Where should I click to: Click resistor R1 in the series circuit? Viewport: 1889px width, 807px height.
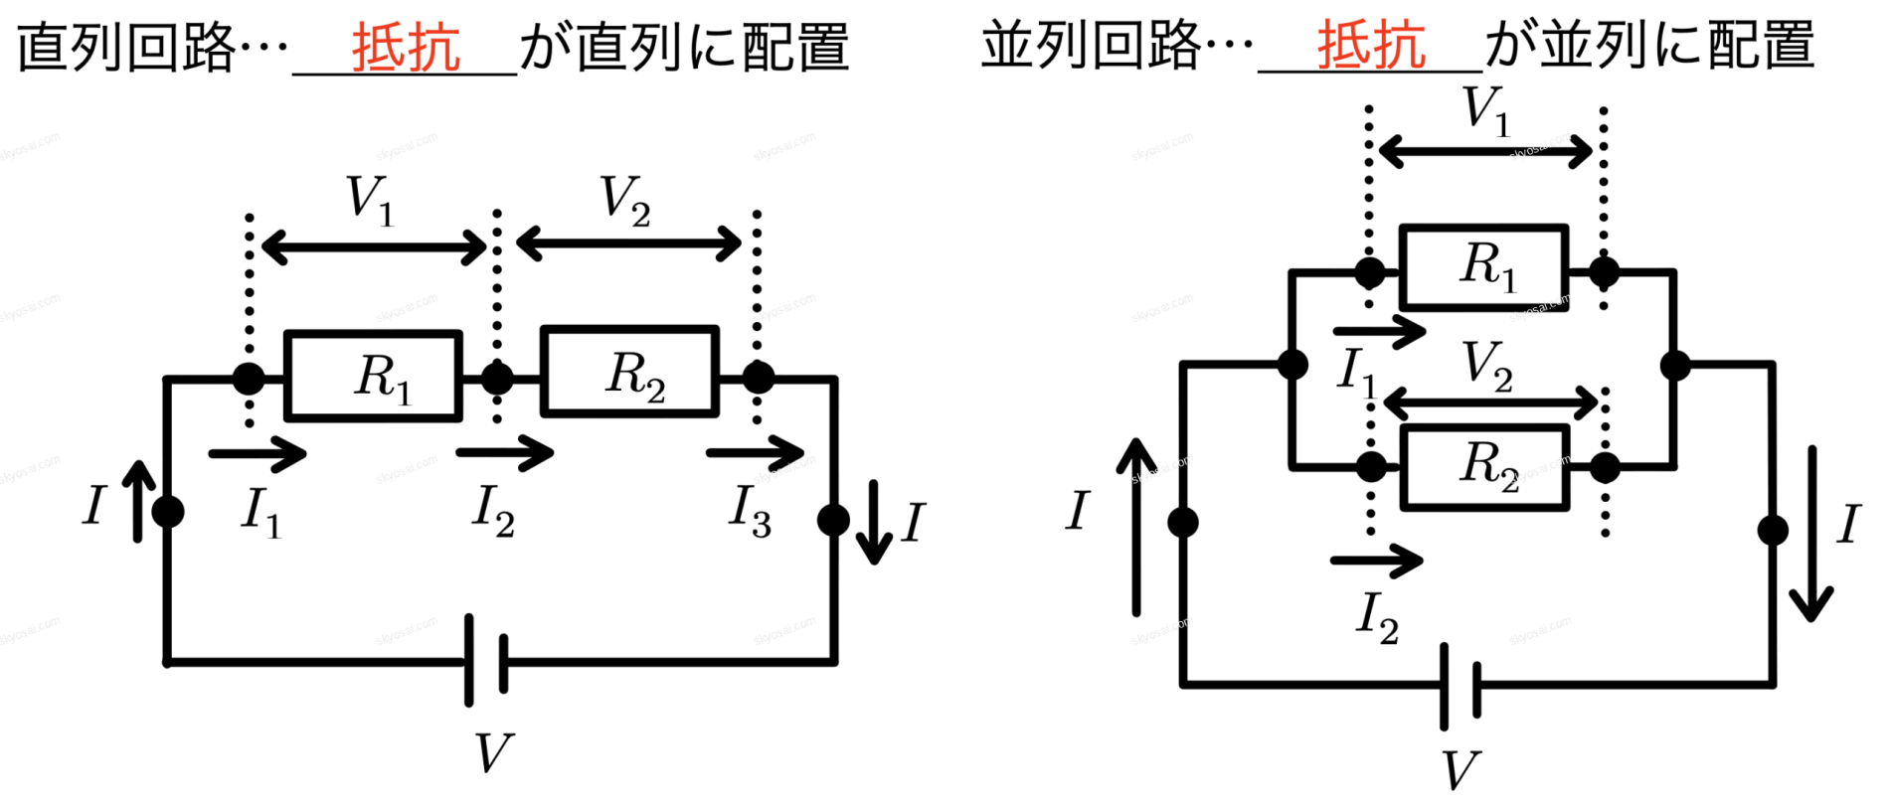pos(373,376)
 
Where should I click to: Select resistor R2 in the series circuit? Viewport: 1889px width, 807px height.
pos(629,371)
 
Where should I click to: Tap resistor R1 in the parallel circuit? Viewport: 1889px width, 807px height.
pos(1483,267)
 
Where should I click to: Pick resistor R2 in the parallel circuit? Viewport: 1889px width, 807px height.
pos(1484,467)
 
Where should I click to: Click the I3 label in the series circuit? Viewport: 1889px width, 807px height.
pos(751,510)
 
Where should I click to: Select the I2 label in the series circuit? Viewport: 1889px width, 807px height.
pos(493,510)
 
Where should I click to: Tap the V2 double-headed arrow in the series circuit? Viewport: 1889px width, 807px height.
pos(628,242)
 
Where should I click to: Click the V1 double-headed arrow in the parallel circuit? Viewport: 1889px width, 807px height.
pos(1485,152)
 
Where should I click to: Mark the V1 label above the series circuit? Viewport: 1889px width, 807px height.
pos(370,199)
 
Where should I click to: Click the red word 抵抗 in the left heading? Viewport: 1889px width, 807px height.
pos(406,47)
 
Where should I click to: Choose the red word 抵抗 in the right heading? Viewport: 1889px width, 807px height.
pos(1371,45)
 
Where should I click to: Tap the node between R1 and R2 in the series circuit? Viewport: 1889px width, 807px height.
pos(497,378)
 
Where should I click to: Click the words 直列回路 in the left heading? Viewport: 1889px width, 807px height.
pos(125,47)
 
